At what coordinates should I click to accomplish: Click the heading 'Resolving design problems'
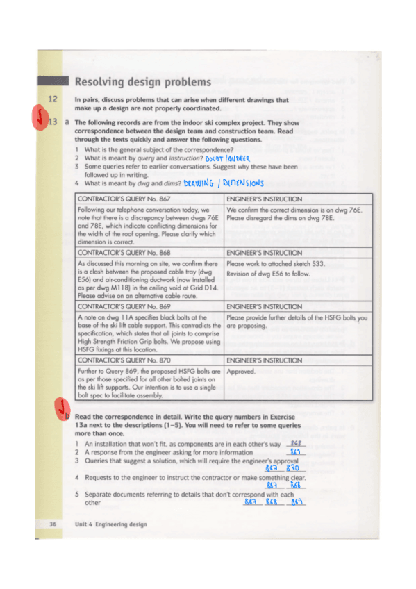[x=142, y=83]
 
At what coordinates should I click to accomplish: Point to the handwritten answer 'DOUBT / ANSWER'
[x=227, y=159]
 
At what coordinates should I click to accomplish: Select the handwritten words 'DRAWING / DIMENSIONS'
[x=224, y=184]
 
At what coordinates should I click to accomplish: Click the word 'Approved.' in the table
[x=241, y=372]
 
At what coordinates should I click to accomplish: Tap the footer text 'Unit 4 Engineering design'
[x=111, y=524]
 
